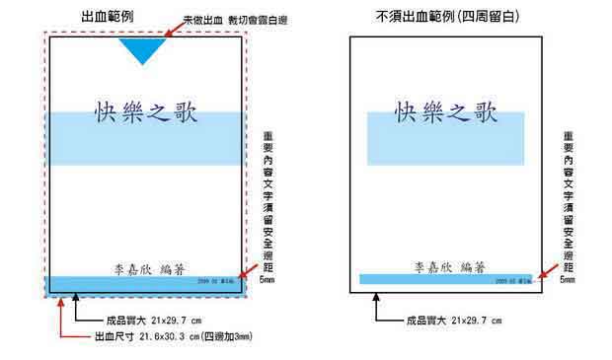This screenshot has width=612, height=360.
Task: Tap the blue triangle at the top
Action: pos(143,50)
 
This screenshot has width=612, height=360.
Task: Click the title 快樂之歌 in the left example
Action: pos(145,110)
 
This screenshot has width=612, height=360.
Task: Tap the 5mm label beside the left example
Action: pos(269,280)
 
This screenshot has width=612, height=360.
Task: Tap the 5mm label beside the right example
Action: pos(568,280)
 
